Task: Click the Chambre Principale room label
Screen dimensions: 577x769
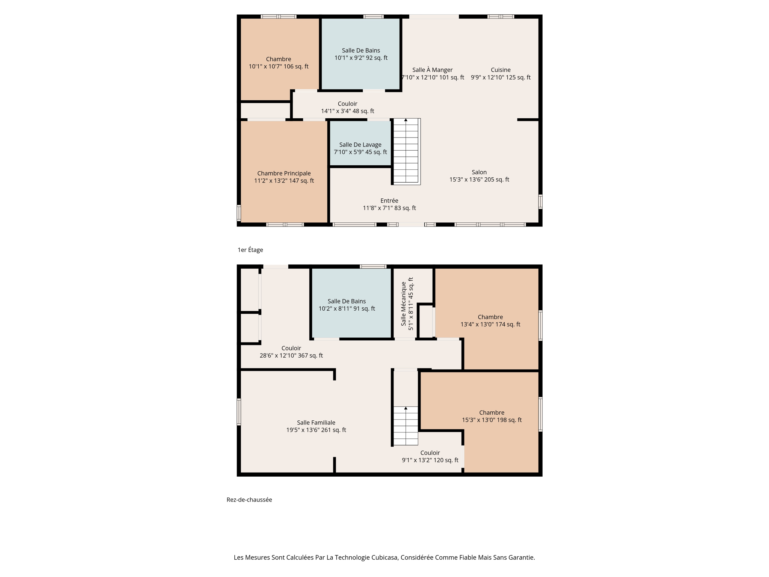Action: point(284,177)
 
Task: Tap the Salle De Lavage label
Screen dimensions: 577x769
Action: point(360,148)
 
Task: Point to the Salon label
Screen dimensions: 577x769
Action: point(479,176)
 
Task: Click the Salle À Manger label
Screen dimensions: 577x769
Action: point(432,74)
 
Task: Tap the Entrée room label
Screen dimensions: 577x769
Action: point(389,204)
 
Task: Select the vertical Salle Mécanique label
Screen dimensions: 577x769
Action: point(407,304)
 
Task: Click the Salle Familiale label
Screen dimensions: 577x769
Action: point(316,426)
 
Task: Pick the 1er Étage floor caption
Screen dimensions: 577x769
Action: point(250,250)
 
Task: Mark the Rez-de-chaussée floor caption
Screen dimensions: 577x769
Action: point(249,500)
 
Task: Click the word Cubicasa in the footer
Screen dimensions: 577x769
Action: point(384,557)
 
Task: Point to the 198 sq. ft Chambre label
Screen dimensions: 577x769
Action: point(492,416)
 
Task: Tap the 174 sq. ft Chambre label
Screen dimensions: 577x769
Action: point(490,320)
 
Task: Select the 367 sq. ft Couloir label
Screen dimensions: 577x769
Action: point(291,352)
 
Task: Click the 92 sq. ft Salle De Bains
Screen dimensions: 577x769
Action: point(361,54)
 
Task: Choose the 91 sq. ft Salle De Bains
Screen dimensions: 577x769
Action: point(347,305)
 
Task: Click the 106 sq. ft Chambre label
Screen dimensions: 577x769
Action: point(278,63)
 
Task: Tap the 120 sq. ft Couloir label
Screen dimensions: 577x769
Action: point(430,456)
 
